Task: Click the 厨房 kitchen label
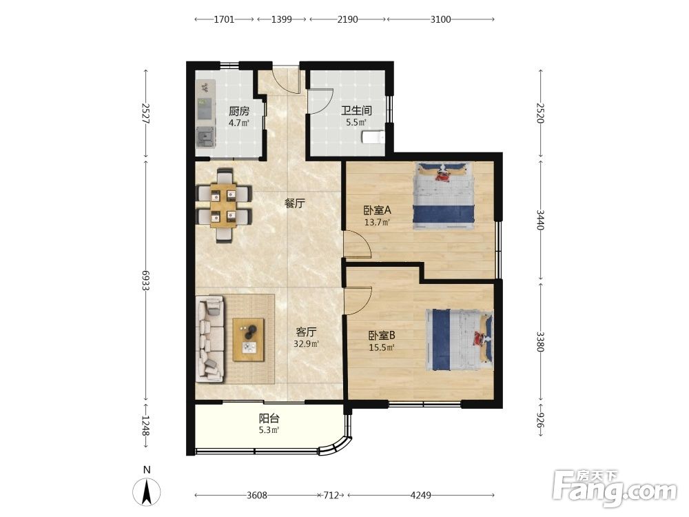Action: (239, 112)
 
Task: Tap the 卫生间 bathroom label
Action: (356, 111)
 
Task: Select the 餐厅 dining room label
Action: (294, 203)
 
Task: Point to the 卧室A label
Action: (377, 210)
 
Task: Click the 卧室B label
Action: (382, 336)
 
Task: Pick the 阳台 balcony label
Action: (269, 418)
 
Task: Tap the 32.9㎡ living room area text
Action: (307, 344)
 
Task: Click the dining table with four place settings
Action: (224, 205)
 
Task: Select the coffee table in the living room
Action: (249, 340)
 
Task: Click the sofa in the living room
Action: (210, 338)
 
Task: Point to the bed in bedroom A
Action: (444, 196)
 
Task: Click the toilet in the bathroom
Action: (373, 137)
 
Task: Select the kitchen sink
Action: (205, 136)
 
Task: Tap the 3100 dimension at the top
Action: (440, 19)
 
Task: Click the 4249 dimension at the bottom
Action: (420, 496)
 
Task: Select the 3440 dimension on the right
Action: (540, 219)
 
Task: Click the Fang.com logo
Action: (615, 488)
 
